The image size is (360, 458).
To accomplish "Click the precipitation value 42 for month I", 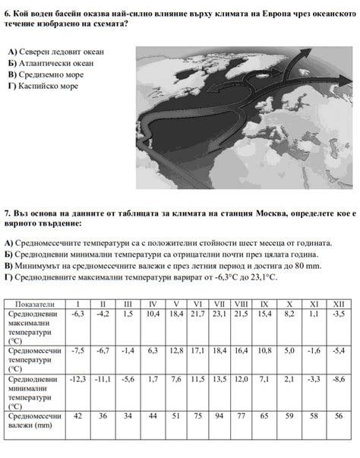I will [x=77, y=415].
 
